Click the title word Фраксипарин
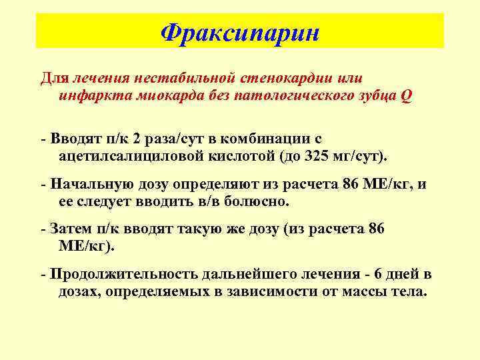tap(240, 31)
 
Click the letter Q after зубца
tap(406, 95)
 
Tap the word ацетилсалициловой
tap(117, 156)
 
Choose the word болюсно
tap(258, 201)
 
